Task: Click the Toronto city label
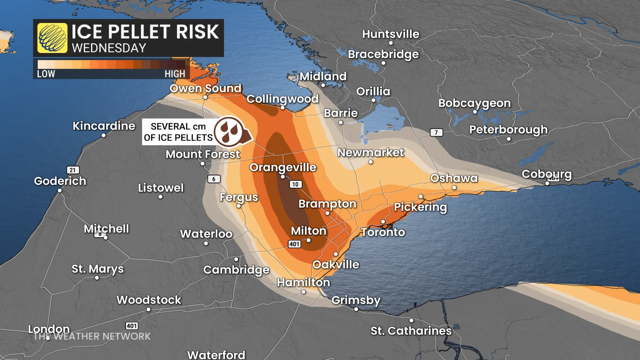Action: point(383,232)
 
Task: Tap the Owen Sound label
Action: point(205,88)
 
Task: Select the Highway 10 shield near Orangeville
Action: point(295,184)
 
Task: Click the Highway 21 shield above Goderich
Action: point(73,170)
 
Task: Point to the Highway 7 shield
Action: point(436,132)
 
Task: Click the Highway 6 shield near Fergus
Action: point(214,179)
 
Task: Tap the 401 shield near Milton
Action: point(294,244)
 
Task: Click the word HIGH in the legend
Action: point(175,74)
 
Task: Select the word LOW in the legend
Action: point(46,74)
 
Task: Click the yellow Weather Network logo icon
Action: point(52,38)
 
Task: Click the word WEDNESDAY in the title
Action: point(109,48)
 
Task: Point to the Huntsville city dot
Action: point(391,43)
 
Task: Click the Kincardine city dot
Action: point(104,135)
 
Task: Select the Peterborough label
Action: point(508,129)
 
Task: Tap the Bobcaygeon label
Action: point(474,103)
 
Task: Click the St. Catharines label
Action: point(411,331)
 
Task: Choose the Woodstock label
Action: point(149,300)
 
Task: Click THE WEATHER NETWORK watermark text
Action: point(92,336)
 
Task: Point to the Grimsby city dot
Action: point(356,309)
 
